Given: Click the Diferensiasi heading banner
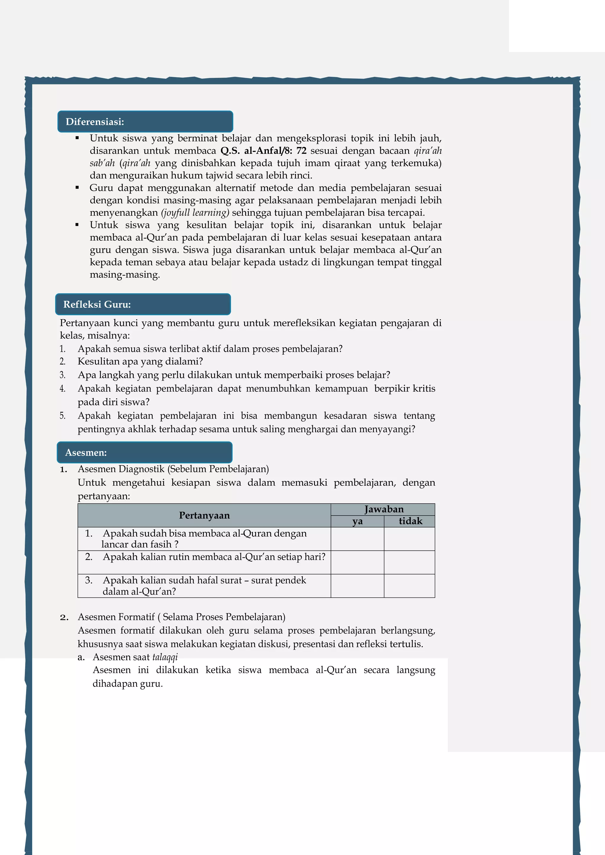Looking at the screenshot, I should tap(145, 121).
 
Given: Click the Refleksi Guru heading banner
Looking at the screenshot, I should tap(143, 304).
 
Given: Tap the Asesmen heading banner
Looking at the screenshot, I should tap(144, 453).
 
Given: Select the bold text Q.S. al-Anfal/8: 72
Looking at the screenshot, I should tap(264, 151).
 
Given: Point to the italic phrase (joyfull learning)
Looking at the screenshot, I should tap(195, 213).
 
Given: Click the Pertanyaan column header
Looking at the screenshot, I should tap(204, 515).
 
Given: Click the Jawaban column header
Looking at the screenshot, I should tap(383, 509).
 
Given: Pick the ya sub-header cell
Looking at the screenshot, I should tap(357, 521).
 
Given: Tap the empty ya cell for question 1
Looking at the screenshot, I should tap(357, 539).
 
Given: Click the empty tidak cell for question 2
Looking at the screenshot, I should tap(409, 562).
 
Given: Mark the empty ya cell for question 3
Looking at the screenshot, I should tap(357, 586).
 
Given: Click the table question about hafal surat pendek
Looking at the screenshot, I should tap(204, 586).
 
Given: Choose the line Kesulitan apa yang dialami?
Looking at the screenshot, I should tap(140, 361).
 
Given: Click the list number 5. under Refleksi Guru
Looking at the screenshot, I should tap(63, 416).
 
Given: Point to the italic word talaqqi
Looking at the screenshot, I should tap(165, 657).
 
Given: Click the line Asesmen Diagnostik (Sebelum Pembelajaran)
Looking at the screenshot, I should tap(173, 469).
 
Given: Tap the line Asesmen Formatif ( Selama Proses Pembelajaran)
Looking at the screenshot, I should tap(181, 617).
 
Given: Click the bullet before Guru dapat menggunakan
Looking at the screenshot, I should tap(77, 188).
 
